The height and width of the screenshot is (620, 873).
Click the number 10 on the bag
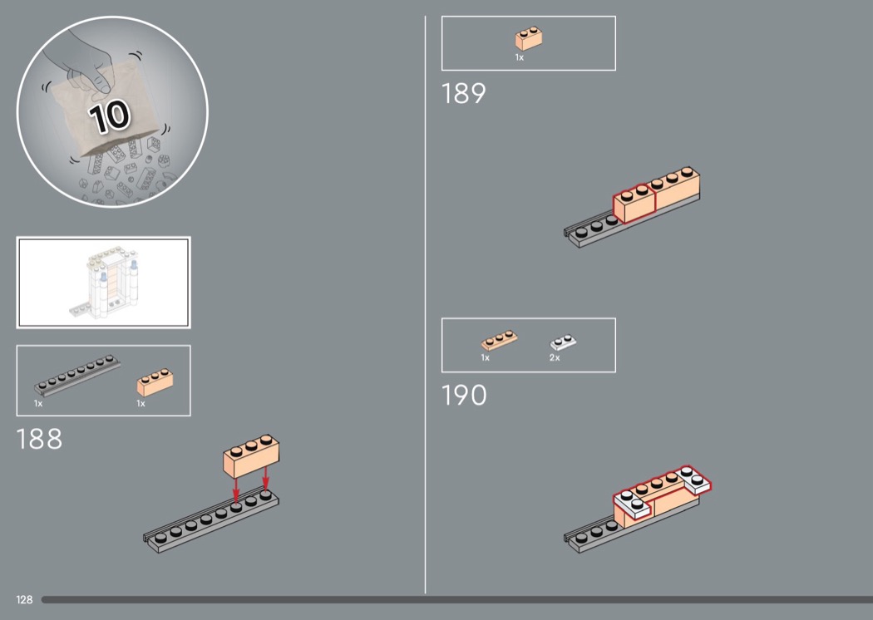click(109, 116)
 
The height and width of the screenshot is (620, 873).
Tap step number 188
click(39, 439)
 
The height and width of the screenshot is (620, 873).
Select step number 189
click(463, 94)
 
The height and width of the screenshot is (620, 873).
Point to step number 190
click(464, 395)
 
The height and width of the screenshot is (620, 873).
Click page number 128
click(24, 599)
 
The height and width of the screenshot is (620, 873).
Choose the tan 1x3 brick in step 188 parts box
click(155, 381)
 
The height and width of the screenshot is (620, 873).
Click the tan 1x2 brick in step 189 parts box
click(528, 38)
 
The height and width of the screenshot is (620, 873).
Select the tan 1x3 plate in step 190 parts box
click(499, 340)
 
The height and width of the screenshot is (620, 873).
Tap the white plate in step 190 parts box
click(563, 342)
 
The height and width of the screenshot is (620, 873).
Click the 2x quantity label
click(555, 358)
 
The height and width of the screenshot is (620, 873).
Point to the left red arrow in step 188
click(236, 490)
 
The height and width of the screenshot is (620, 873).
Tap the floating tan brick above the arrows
click(251, 455)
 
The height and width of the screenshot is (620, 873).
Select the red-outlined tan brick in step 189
click(634, 204)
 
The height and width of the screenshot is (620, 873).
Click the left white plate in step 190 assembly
click(634, 504)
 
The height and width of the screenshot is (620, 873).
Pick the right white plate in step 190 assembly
click(694, 479)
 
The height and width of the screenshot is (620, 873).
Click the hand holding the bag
click(83, 62)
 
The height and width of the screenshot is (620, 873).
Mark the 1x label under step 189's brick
click(520, 57)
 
